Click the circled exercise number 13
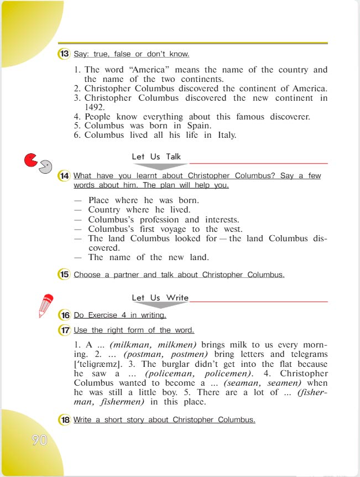click(64, 54)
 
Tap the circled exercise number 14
click(64, 176)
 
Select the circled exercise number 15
click(64, 274)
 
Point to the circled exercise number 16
click(64, 315)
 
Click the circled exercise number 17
click(64, 330)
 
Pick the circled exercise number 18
click(64, 420)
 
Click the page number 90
click(39, 440)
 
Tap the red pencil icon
click(45, 306)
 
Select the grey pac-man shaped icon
click(45, 167)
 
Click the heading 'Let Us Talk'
click(156, 157)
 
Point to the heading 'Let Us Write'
click(160, 298)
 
